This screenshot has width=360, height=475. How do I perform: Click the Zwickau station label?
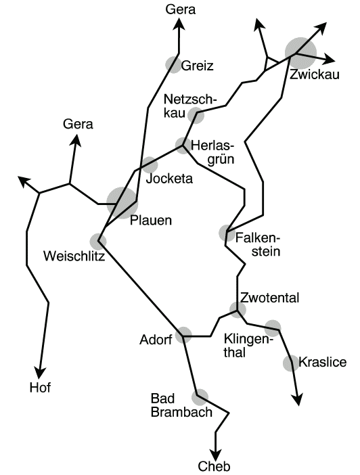[314, 74]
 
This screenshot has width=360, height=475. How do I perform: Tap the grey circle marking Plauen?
[122, 203]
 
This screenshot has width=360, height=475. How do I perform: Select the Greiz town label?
[198, 66]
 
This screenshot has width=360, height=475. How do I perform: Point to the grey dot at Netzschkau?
[196, 116]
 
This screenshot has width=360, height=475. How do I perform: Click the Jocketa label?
[169, 179]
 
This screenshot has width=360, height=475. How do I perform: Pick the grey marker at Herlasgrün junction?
[183, 145]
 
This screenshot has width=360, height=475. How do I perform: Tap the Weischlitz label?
[74, 256]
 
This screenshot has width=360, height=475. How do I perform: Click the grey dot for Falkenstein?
[227, 233]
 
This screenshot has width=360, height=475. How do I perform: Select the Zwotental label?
[270, 298]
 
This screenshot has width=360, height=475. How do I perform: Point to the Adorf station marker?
[183, 335]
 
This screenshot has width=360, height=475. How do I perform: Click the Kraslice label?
[322, 362]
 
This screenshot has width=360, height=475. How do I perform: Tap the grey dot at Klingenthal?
[273, 327]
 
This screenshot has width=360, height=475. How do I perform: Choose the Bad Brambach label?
[181, 405]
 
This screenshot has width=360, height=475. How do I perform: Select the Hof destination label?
[40, 388]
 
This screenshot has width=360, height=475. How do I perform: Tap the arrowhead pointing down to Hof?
[41, 373]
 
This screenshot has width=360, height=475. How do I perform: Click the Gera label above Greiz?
[181, 9]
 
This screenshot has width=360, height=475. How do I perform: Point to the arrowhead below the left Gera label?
[76, 141]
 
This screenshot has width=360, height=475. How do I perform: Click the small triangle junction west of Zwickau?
[270, 64]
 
